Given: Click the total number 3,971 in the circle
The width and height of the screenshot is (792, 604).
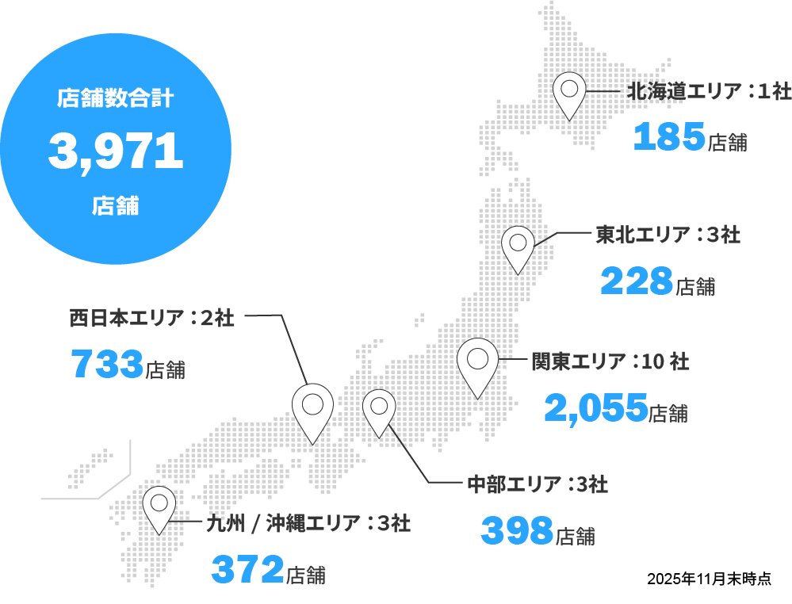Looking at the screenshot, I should pyautogui.click(x=116, y=151).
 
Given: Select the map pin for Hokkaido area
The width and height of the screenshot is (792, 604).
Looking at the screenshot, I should pyautogui.click(x=569, y=91).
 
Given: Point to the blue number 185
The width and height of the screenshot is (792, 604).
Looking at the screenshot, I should pyautogui.click(x=669, y=137).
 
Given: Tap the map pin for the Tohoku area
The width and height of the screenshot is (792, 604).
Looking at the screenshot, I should pyautogui.click(x=518, y=246).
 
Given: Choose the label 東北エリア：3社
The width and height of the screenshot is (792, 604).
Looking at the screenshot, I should pyautogui.click(x=668, y=235).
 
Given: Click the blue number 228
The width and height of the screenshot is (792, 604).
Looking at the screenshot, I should pyautogui.click(x=637, y=281).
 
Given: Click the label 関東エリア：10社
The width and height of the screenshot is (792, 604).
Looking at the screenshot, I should pyautogui.click(x=610, y=362).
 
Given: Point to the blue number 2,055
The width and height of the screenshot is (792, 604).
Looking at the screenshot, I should pyautogui.click(x=596, y=408).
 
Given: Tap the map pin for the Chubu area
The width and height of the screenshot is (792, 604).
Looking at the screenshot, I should pyautogui.click(x=379, y=409).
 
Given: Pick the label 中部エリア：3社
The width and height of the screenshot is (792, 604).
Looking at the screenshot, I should pyautogui.click(x=538, y=484).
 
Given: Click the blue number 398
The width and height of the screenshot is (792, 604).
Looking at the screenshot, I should pyautogui.click(x=517, y=530).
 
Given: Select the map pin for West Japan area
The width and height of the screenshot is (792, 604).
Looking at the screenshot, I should pyautogui.click(x=312, y=408).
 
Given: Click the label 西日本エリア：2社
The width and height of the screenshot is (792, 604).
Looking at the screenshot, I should pyautogui.click(x=151, y=318).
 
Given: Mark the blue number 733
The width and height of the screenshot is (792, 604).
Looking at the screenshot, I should pyautogui.click(x=107, y=365).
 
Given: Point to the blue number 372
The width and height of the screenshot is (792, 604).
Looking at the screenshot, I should pyautogui.click(x=247, y=568).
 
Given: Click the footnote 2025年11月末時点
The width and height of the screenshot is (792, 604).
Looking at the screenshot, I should pyautogui.click(x=708, y=579).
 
